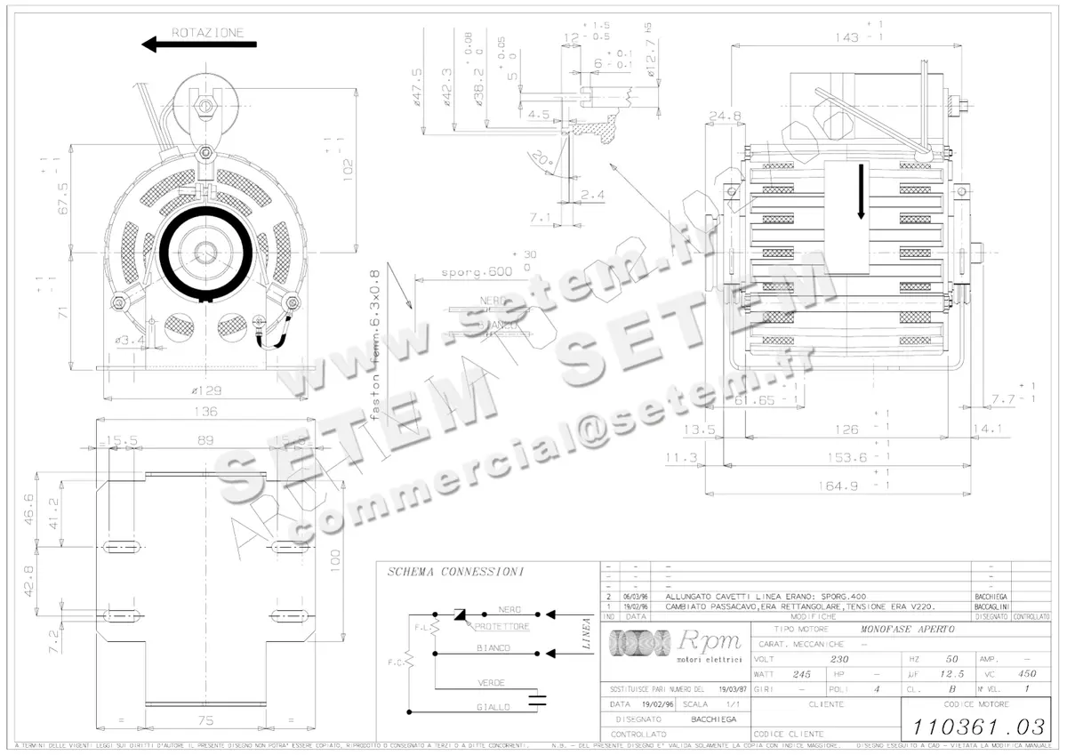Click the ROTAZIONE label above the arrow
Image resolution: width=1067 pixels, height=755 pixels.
207,32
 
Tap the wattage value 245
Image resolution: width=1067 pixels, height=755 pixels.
802,674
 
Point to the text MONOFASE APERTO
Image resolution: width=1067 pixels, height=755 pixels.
900,629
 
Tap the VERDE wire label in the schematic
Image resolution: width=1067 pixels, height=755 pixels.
491,683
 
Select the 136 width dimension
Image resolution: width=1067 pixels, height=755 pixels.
205,412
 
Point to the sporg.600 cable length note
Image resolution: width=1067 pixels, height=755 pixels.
477,272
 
